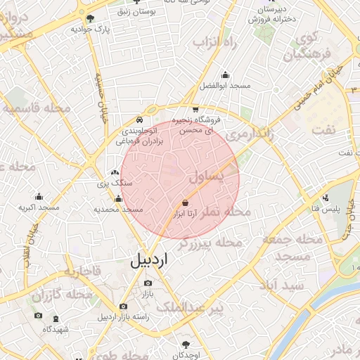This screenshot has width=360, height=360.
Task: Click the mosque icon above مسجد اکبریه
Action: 39,196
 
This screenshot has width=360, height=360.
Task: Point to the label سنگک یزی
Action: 109,184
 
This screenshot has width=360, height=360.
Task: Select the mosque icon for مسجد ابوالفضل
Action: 225,75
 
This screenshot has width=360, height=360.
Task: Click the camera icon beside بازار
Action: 148,283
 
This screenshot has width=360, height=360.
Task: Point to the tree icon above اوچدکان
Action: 186,344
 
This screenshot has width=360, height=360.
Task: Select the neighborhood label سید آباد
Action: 281,286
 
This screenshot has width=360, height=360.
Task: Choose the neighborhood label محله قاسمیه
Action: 37,109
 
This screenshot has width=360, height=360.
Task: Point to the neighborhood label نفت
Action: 324,130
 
